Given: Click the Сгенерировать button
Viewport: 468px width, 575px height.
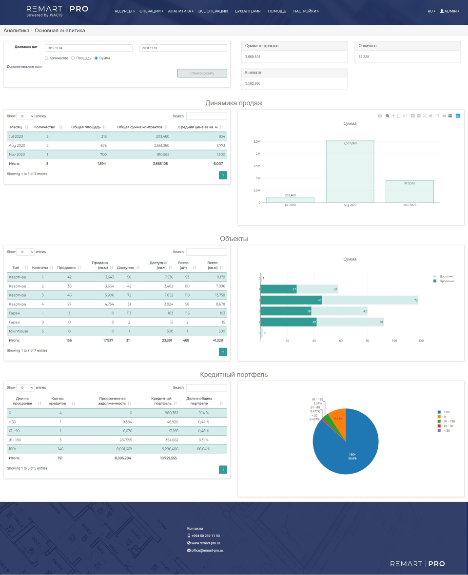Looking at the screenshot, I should [x=202, y=73].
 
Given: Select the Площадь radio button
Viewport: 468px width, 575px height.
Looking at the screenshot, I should [x=73, y=58].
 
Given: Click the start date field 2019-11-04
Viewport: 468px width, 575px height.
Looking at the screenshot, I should [x=88, y=48].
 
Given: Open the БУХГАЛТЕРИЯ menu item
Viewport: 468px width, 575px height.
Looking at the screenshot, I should [x=248, y=11].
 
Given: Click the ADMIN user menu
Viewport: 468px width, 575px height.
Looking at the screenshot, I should [x=449, y=11].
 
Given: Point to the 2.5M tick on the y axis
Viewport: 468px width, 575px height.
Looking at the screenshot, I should [x=256, y=142].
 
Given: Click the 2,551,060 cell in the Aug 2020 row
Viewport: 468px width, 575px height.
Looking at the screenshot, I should [x=156, y=145].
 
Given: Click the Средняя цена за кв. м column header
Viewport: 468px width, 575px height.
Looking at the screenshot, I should [x=198, y=127].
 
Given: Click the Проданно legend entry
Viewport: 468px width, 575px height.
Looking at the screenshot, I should [x=447, y=281].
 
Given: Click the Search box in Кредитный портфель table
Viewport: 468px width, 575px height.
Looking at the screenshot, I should [x=206, y=388].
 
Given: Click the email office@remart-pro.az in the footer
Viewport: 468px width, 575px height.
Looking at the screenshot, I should [x=207, y=550].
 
